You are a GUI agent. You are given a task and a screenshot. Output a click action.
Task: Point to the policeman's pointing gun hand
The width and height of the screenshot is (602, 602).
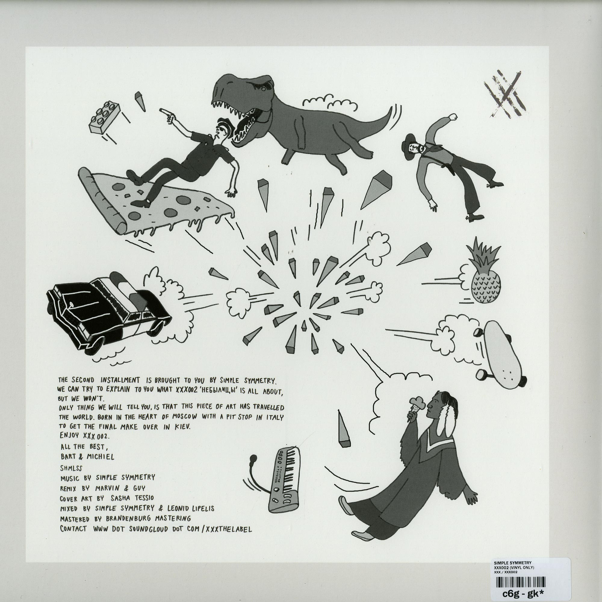167,115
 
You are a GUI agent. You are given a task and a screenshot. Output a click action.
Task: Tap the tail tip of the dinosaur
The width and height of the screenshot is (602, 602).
391,108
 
